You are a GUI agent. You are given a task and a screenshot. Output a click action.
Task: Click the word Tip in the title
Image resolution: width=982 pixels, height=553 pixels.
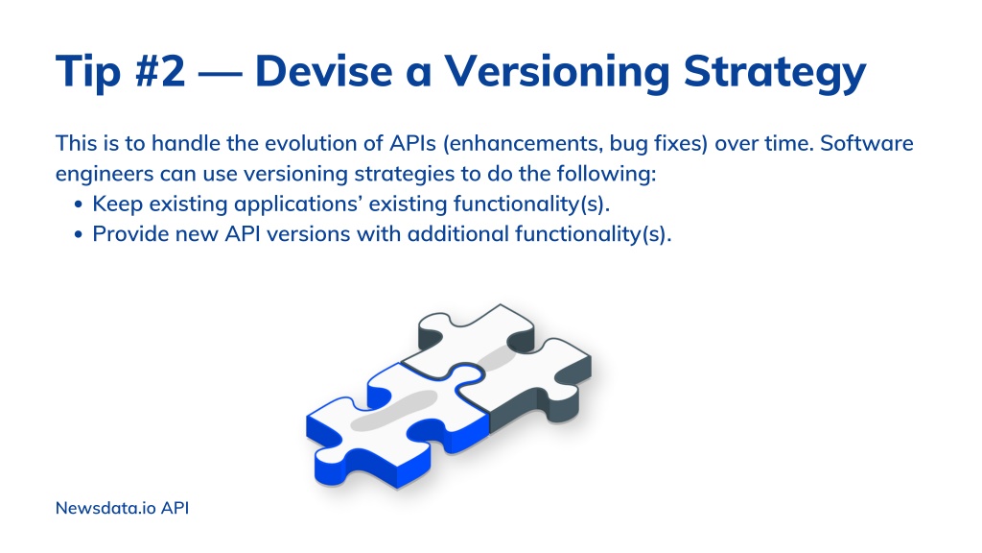[87, 72]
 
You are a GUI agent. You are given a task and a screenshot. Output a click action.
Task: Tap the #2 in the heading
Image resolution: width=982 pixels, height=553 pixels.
[160, 70]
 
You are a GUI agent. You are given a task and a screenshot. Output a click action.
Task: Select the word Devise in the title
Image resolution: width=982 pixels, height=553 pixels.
[324, 70]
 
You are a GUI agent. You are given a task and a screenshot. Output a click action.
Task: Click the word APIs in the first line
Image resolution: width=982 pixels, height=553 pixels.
[412, 143]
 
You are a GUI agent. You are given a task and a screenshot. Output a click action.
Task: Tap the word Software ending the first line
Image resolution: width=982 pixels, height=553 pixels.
[867, 143]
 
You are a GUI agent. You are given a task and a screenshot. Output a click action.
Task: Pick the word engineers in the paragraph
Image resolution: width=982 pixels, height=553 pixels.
[105, 174]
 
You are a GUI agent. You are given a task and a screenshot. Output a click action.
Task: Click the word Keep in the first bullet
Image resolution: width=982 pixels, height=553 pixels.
[118, 204]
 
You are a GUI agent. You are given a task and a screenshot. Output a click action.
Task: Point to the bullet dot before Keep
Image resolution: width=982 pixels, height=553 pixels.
[79, 204]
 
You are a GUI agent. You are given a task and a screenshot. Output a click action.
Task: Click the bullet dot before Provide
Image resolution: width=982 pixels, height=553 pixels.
[79, 234]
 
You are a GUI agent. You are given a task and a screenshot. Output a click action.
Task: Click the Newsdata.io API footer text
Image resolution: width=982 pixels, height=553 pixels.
[122, 508]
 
